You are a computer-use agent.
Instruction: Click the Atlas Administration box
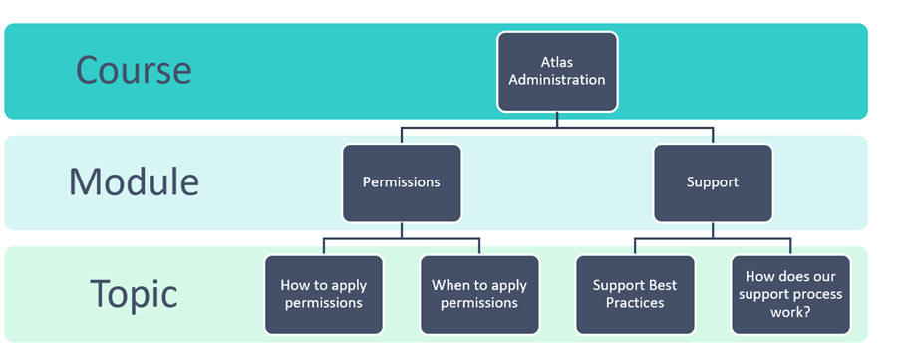point(557,71)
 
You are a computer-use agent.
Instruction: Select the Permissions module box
point(402,182)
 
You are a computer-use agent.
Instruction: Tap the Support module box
point(713,182)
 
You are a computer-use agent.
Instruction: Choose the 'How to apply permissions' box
point(324,294)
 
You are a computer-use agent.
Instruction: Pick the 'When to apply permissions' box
point(479,294)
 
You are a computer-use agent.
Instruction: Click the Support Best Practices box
point(635,294)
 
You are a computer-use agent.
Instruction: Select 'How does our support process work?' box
point(790,294)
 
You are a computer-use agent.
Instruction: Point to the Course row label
point(134,70)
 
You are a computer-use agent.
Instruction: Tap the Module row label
point(134,181)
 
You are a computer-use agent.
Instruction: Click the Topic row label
point(134,293)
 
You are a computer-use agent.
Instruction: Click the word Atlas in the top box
point(557,62)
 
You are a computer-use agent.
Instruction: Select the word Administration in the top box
point(557,80)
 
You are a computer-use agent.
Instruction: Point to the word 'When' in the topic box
point(449,285)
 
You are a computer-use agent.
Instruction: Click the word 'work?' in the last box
point(790,312)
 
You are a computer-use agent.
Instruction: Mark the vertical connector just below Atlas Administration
point(557,119)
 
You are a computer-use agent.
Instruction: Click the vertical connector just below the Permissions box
point(402,230)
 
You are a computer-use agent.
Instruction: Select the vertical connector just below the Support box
point(713,230)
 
